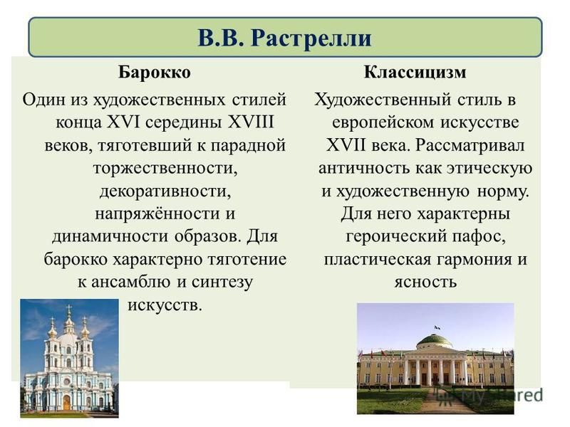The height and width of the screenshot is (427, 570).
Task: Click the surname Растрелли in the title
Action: pyautogui.click(x=311, y=38)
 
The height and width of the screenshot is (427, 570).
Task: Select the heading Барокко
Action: pyautogui.click(x=154, y=72)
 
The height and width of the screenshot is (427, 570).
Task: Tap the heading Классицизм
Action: pyautogui.click(x=415, y=72)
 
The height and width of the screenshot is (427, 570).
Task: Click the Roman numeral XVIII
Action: pyautogui.click(x=251, y=122)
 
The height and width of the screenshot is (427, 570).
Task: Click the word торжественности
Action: pyautogui.click(x=165, y=169)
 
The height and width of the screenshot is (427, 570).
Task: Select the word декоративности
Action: pyautogui.click(x=165, y=191)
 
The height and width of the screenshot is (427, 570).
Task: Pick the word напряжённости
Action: pyautogui.click(x=154, y=214)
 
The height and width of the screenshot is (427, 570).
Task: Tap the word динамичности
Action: pyautogui.click(x=110, y=236)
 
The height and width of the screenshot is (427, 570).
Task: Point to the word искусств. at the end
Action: pyautogui.click(x=165, y=305)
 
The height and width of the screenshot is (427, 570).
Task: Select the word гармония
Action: pyautogui.click(x=474, y=260)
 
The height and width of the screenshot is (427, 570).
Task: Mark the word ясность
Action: pyautogui.click(x=425, y=282)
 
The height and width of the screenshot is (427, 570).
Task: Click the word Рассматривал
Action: pyautogui.click(x=470, y=146)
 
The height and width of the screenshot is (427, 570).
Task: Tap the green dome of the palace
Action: pyautogui.click(x=435, y=342)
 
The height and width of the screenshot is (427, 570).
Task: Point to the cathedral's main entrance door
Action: pyautogui.click(x=67, y=402)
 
